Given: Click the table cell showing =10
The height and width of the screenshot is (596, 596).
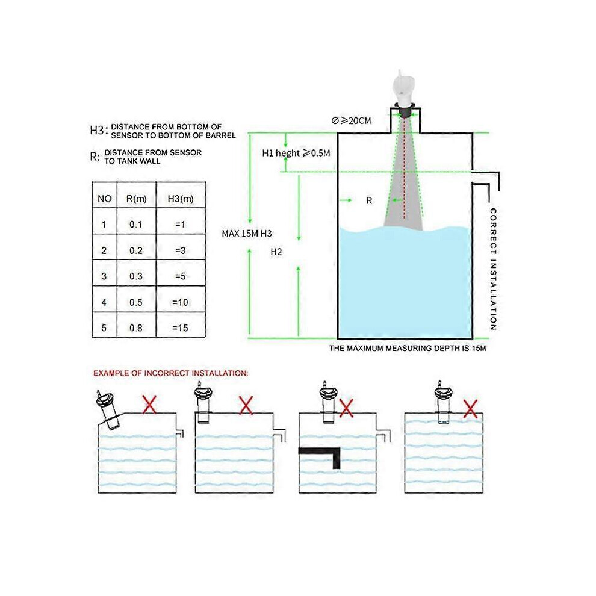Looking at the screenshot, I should pos(179,302).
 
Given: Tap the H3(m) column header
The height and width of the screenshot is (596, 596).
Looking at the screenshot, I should pos(179,199).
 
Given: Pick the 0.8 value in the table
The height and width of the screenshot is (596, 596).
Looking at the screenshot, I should pos(135,328).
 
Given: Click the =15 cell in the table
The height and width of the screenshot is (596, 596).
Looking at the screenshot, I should pos(179,328).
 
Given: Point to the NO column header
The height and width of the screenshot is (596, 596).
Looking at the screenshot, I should pos(104,199).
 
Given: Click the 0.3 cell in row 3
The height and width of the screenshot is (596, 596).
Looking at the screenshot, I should pos(135,276).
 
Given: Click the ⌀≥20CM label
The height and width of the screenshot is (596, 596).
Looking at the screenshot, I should pos(351,121).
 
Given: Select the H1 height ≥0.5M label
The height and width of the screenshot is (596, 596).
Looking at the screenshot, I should pos(296,153).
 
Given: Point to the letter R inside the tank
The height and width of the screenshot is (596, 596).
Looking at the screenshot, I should pos(370,201).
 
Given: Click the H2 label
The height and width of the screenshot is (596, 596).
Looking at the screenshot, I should pos(276,252).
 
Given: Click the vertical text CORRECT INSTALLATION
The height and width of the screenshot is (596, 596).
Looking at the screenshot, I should pos(492,269).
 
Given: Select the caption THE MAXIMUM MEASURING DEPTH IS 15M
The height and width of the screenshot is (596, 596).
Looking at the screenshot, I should pos(407,348).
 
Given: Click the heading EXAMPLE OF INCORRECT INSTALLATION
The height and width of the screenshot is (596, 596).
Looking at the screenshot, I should pos(170,373).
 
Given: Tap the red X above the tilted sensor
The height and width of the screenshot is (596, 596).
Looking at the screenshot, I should pos(149,405).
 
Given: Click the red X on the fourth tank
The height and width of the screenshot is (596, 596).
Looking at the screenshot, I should pos(470,409).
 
